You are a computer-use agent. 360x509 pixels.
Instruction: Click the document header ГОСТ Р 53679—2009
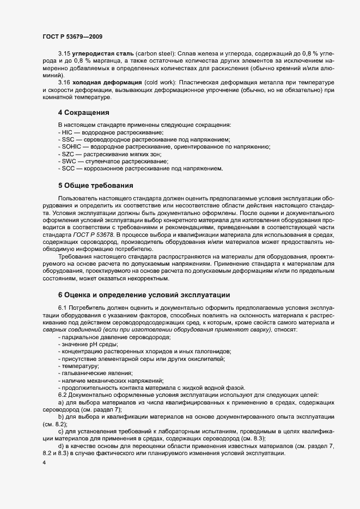coord(72,36)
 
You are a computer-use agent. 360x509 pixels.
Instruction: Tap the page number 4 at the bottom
coord(44,463)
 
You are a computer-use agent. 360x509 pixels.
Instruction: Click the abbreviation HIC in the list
coord(67,133)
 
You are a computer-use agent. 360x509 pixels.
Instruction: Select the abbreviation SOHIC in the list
coord(71,147)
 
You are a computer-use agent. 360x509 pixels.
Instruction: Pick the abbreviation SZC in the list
coord(68,154)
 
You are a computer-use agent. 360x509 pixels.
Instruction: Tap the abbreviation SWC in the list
coord(68,161)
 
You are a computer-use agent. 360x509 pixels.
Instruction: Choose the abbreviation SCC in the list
coord(68,168)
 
